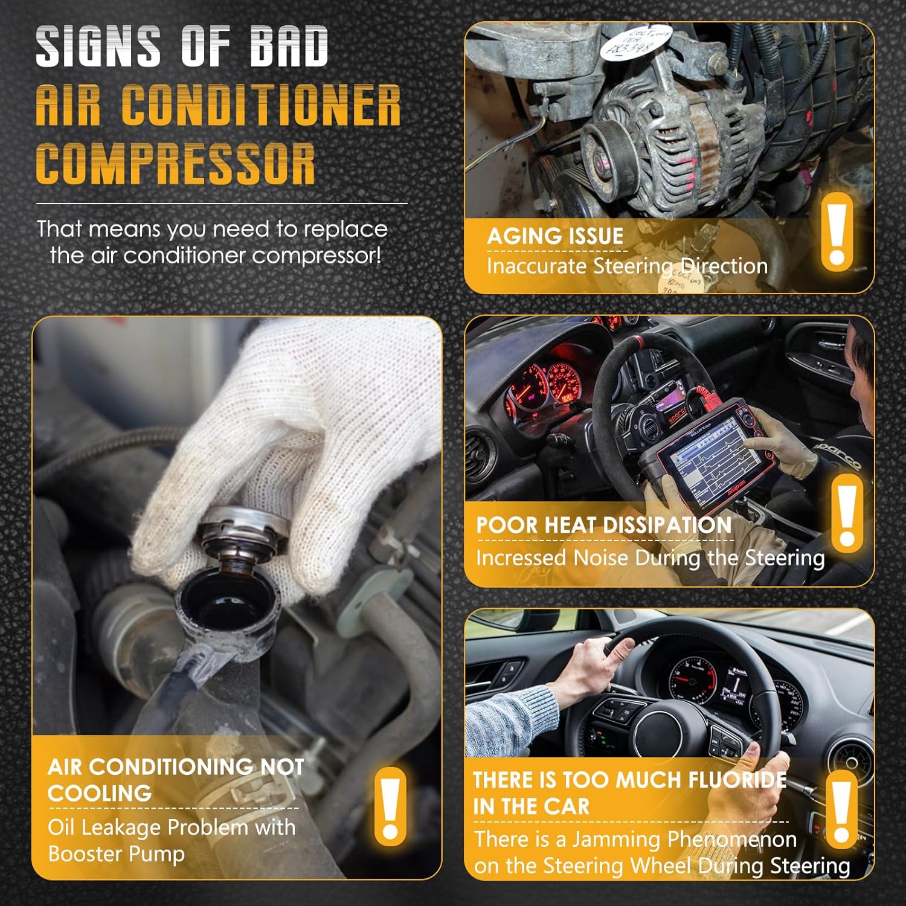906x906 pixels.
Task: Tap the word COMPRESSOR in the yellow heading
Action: click(x=175, y=164)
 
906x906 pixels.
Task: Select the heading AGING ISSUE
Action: click(x=554, y=236)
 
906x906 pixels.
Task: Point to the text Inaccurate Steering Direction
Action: click(x=627, y=266)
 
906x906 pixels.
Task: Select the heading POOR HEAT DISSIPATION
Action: click(x=603, y=525)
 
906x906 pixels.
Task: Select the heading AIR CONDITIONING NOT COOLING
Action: click(x=175, y=779)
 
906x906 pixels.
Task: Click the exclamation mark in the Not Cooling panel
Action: click(x=390, y=807)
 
